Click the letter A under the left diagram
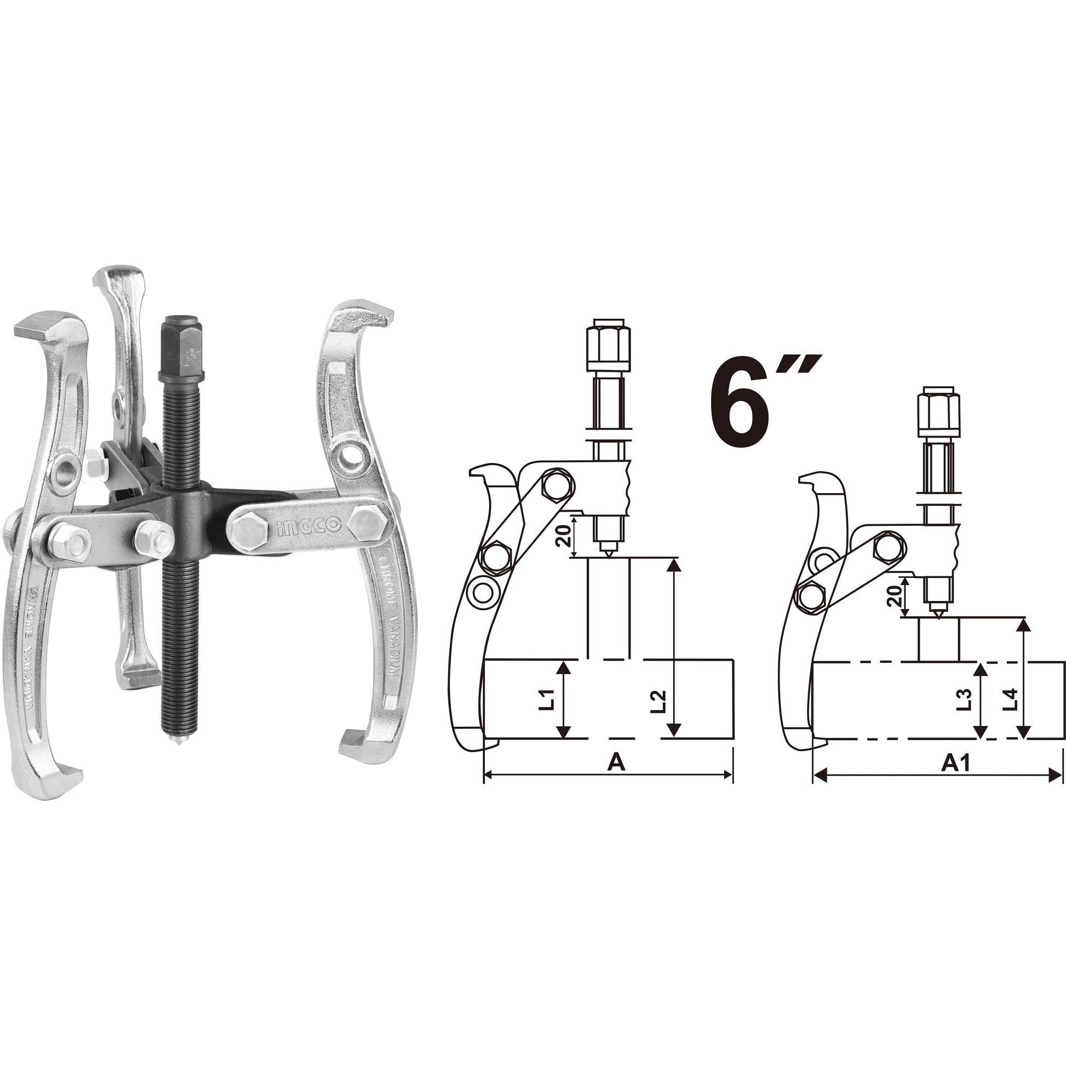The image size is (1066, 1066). click(616, 762)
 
